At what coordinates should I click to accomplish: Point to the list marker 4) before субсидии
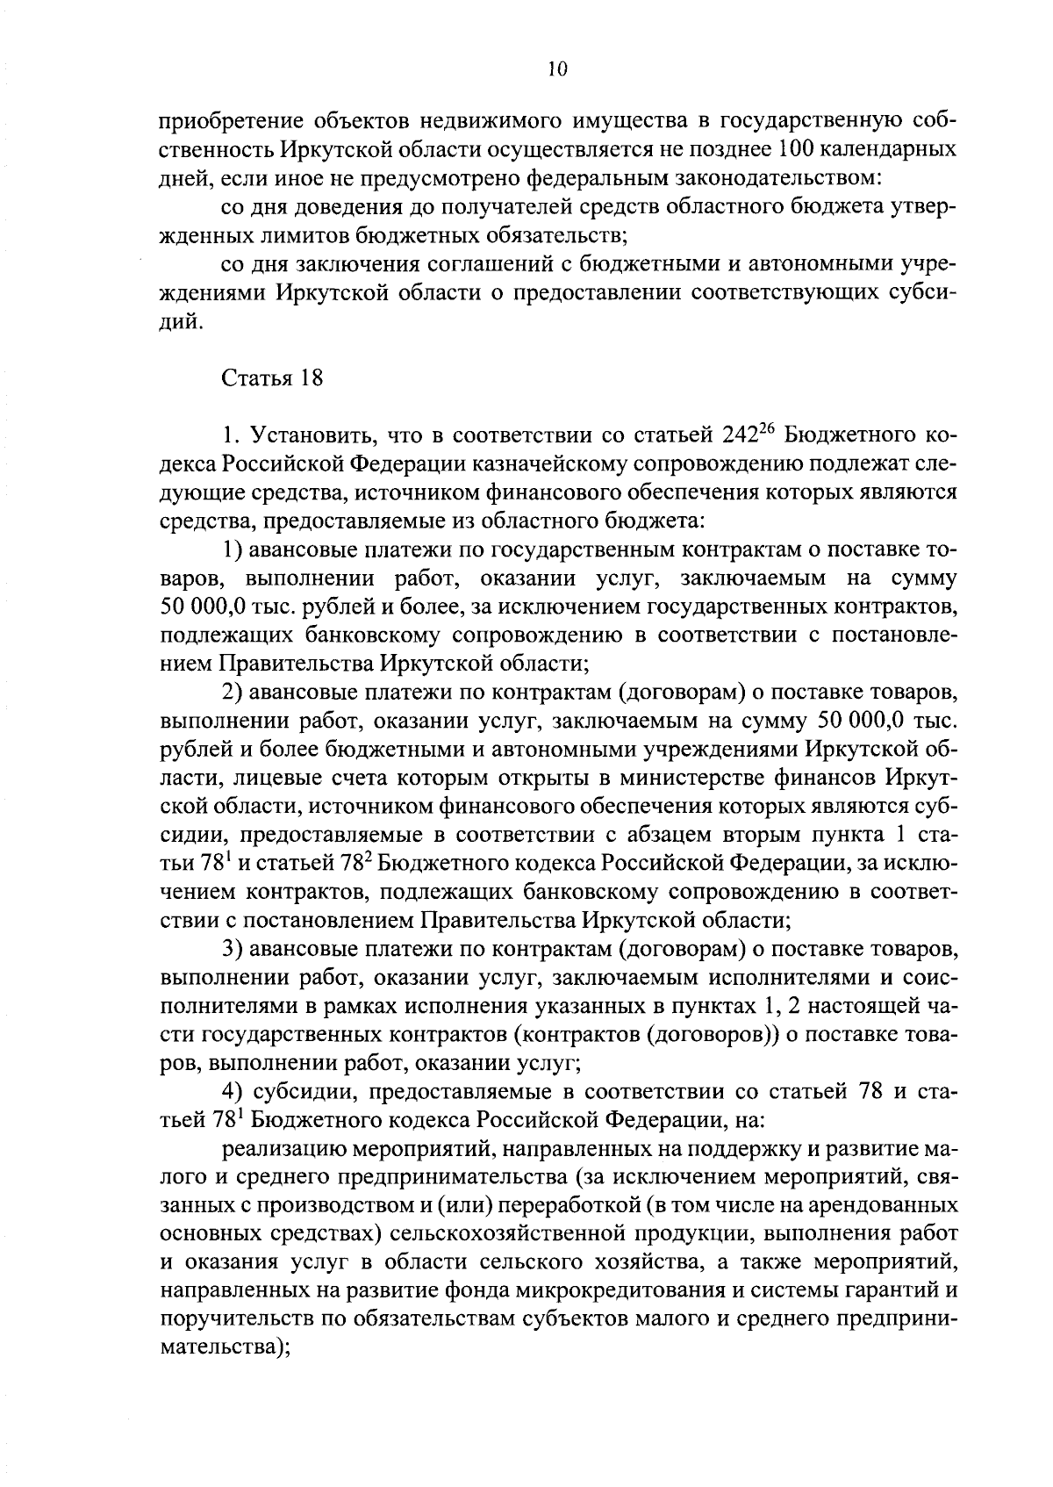[232, 1092]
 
